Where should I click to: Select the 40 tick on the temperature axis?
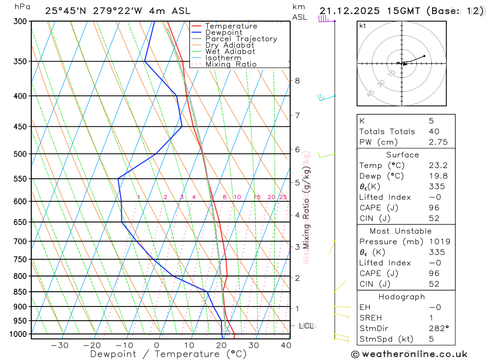[285, 345]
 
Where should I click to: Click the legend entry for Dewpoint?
[223, 32]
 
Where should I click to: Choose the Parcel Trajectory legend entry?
[241, 39]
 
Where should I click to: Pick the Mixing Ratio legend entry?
[231, 64]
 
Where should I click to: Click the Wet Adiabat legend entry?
[230, 52]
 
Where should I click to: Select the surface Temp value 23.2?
[437, 166]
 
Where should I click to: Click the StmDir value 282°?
[438, 329]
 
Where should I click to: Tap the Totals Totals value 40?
[434, 131]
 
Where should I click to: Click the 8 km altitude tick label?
[297, 81]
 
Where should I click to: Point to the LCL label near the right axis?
[306, 326]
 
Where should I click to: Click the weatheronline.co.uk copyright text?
[409, 354]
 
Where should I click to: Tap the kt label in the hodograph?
[363, 26]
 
